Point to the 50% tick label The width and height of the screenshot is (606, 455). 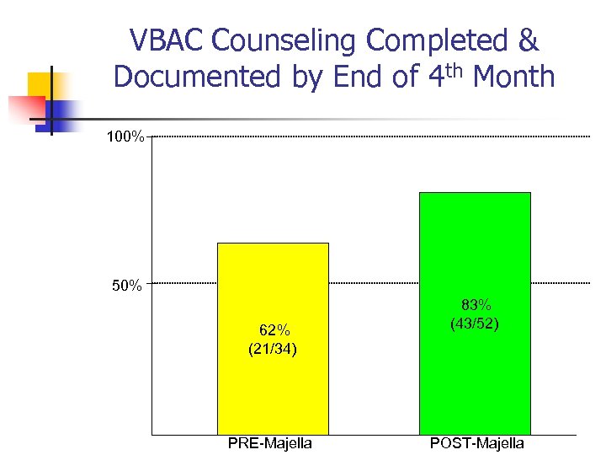click(127, 286)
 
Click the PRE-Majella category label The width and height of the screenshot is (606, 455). click(269, 443)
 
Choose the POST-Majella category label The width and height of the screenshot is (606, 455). click(476, 443)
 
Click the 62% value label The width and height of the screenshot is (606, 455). click(273, 330)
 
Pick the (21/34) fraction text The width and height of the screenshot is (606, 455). click(273, 348)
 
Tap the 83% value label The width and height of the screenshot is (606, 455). click(476, 305)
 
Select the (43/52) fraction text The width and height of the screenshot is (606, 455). click(476, 323)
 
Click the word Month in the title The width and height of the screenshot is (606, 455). click(513, 78)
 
